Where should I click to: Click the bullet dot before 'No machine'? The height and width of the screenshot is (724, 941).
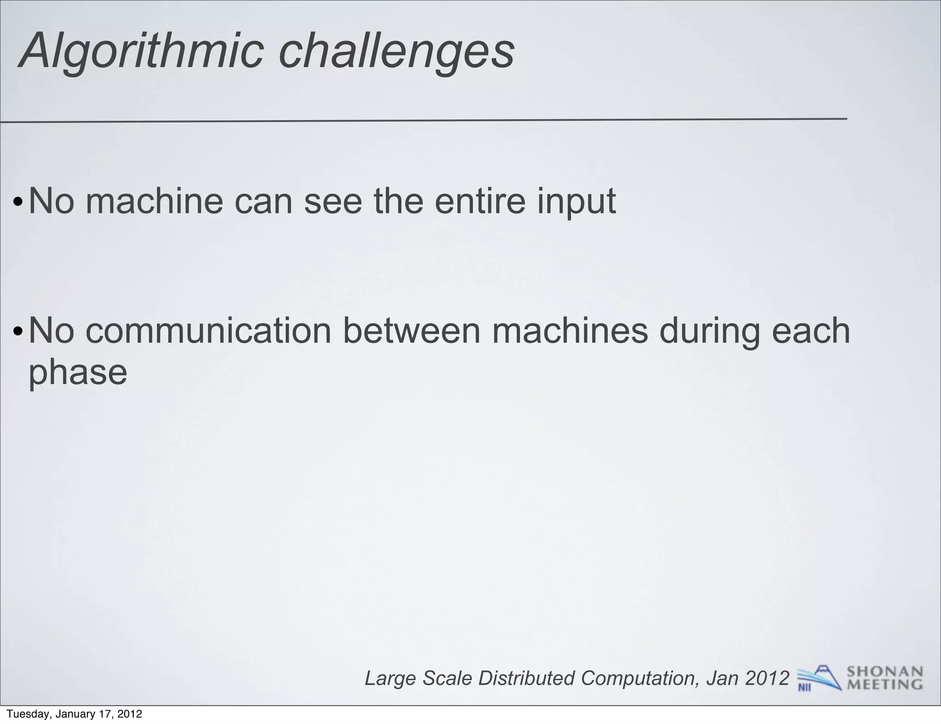click(17, 203)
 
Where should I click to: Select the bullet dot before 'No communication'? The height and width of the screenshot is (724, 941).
click(17, 332)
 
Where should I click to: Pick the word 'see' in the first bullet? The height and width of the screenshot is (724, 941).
click(333, 202)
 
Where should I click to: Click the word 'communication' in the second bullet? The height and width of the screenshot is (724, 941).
click(208, 331)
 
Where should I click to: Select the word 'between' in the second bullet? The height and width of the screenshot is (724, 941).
click(412, 331)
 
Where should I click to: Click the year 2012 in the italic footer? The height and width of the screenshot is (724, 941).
click(767, 678)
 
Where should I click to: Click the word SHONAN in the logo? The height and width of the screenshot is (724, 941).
click(884, 672)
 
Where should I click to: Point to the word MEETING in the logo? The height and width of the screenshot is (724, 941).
click(884, 684)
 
